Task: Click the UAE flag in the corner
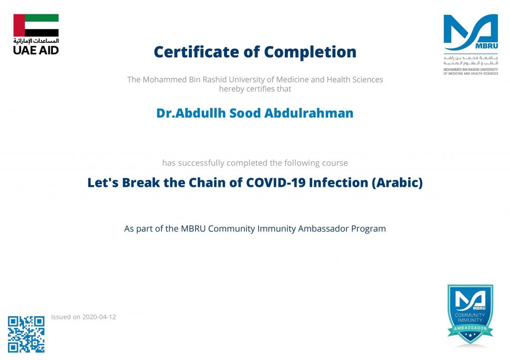pyautogui.click(x=36, y=25)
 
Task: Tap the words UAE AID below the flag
pyautogui.click(x=36, y=50)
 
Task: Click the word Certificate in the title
pyautogui.click(x=196, y=52)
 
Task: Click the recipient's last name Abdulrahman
pyautogui.click(x=309, y=113)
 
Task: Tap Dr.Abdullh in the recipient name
pyautogui.click(x=191, y=113)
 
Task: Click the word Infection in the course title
pyautogui.click(x=338, y=182)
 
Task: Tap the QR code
pyautogui.click(x=26, y=334)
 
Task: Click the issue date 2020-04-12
pyautogui.click(x=99, y=317)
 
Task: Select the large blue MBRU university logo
pyautogui.click(x=471, y=32)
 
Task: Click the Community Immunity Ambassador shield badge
pyautogui.click(x=470, y=314)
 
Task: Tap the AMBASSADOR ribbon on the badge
pyautogui.click(x=470, y=329)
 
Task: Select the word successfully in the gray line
pyautogui.click(x=201, y=163)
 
